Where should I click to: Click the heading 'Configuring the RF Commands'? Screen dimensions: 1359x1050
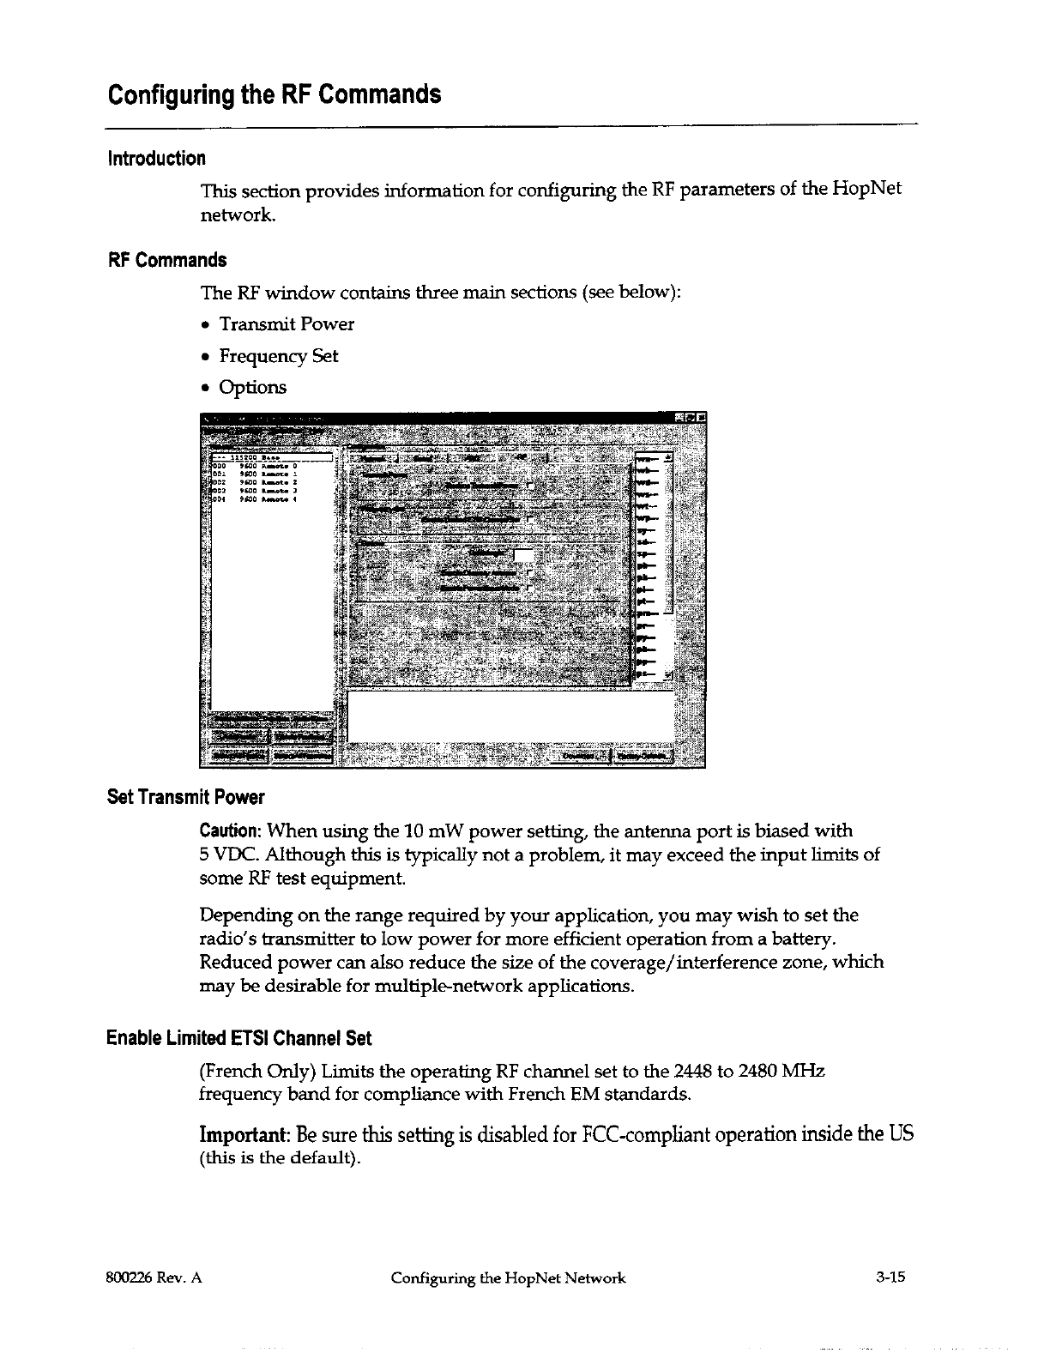click(275, 94)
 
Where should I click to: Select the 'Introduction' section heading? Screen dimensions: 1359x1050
click(156, 159)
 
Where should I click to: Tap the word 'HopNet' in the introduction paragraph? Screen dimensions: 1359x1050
click(866, 189)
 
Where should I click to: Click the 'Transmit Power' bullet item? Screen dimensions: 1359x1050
click(287, 324)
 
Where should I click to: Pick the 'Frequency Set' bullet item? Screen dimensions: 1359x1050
click(279, 356)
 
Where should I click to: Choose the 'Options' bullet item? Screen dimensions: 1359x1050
click(253, 388)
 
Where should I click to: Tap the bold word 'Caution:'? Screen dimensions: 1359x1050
click(230, 830)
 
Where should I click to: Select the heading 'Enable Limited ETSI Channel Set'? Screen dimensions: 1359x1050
click(238, 1039)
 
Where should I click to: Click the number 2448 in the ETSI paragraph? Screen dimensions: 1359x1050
click(693, 1072)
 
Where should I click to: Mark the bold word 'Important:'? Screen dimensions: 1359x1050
click(244, 1134)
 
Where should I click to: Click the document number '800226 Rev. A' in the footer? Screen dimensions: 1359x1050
click(154, 1278)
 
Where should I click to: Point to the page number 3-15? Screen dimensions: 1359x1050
click(890, 1278)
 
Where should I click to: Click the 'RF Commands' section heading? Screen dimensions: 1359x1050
click(166, 260)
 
